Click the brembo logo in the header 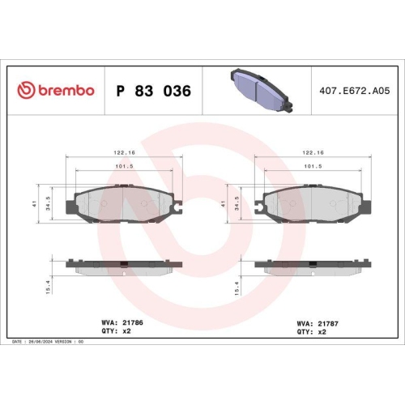pyautogui.click(x=55, y=91)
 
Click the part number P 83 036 pyautogui.click(x=154, y=91)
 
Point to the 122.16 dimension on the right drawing pyautogui.click(x=313, y=152)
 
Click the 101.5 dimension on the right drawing pyautogui.click(x=313, y=168)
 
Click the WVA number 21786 pyautogui.click(x=133, y=322)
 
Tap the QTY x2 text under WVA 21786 pyautogui.click(x=117, y=331)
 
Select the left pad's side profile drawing pyautogui.click(x=123, y=266)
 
